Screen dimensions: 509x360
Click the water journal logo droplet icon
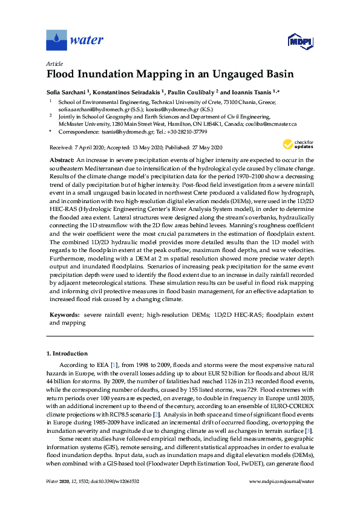[57, 41]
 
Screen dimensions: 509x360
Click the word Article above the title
[54, 63]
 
